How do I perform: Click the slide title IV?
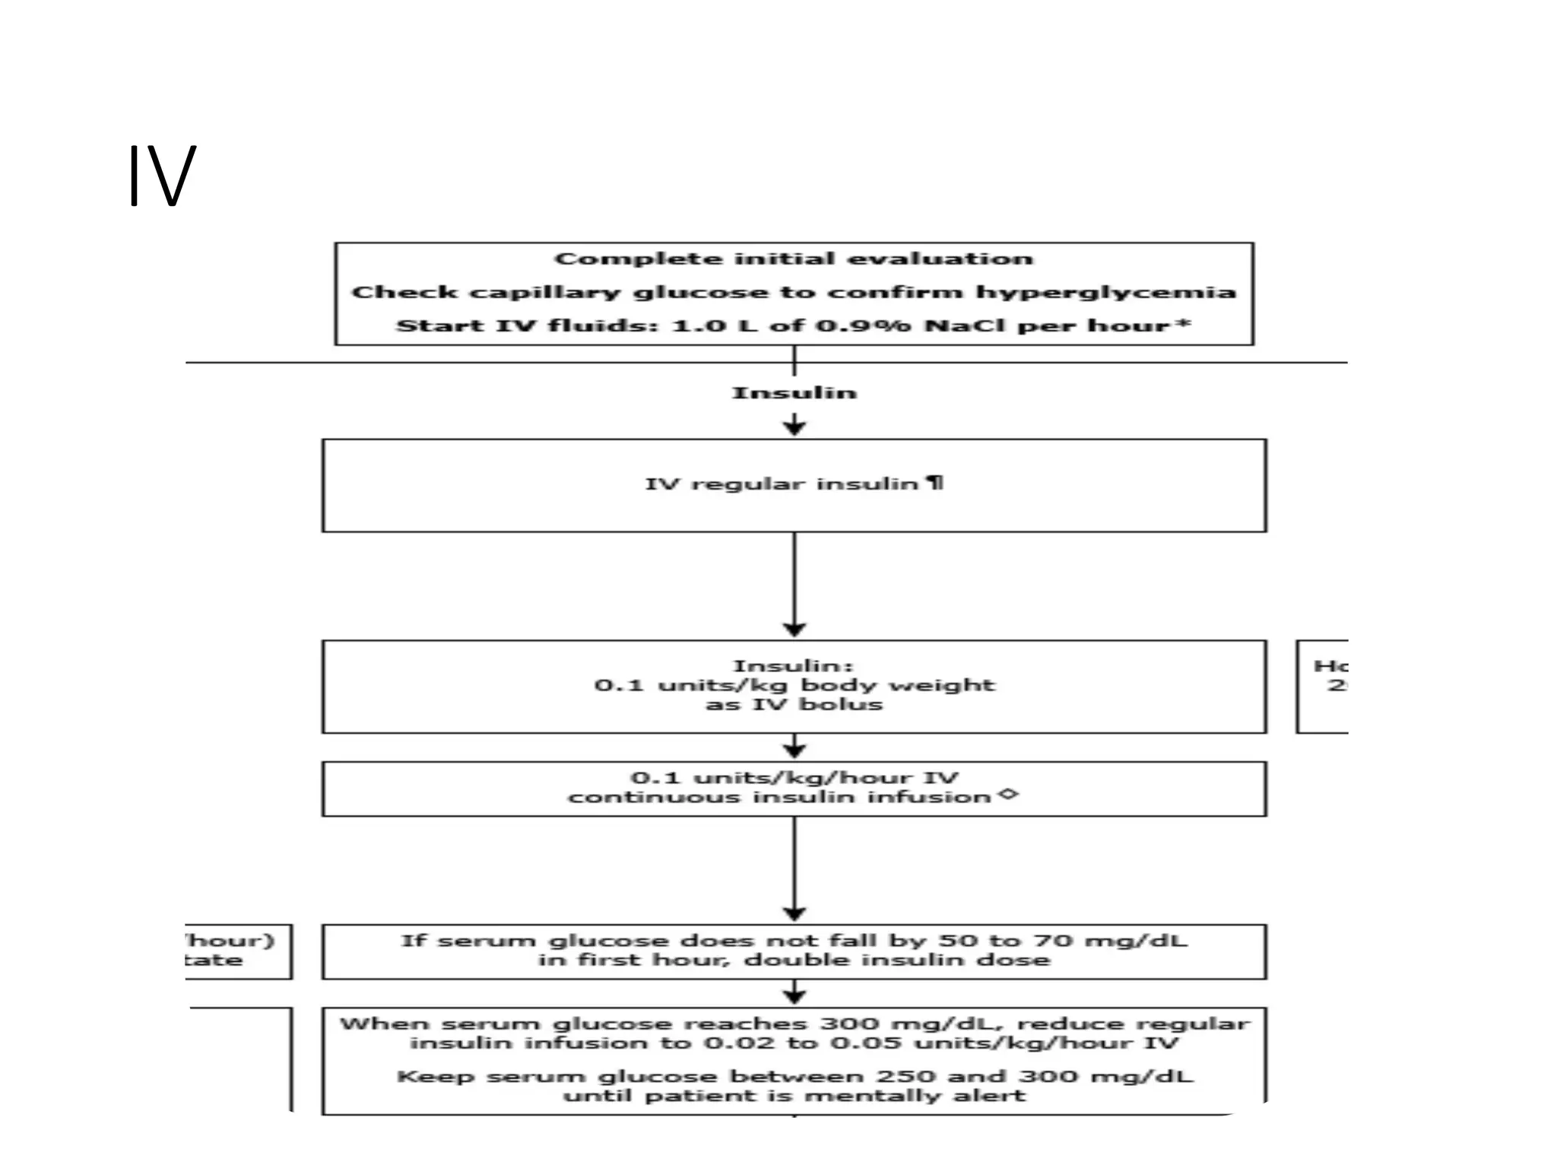[162, 176]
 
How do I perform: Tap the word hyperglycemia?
[1105, 293]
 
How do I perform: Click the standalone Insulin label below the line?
[794, 393]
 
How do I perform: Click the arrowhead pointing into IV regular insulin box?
[794, 428]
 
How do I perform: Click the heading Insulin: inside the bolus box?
[793, 666]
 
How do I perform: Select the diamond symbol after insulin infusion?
[1008, 795]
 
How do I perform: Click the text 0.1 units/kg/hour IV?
[794, 778]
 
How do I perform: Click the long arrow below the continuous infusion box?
[794, 867]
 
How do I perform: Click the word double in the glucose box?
[787, 960]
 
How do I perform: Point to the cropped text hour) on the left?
[230, 941]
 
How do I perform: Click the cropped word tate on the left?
[214, 960]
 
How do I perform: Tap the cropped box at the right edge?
[1324, 687]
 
